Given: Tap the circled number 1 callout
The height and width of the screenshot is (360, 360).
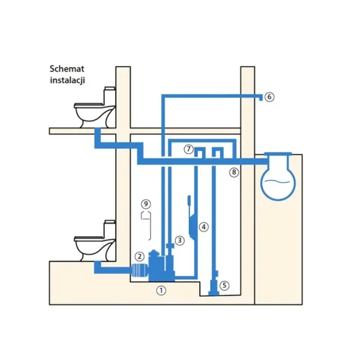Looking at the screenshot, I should coord(161,291).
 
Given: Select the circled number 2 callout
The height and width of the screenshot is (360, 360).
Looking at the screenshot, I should coord(138,256).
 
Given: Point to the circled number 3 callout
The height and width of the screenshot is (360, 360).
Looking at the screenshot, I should coord(179,240).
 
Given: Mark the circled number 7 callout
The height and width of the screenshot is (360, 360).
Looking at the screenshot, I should coord(189,149).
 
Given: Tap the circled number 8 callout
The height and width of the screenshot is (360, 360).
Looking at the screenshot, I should coord(234,172).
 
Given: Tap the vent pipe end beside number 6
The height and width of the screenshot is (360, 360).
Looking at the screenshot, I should coord(260,97).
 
